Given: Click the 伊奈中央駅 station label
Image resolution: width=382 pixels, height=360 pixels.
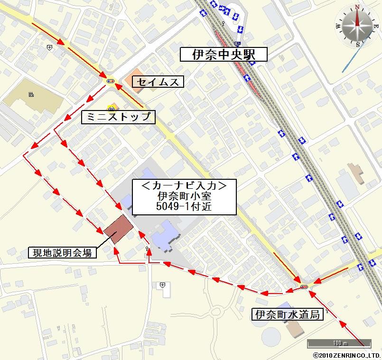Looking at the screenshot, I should tap(224, 55).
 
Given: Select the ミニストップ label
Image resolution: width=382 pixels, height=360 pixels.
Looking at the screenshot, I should tap(118, 117).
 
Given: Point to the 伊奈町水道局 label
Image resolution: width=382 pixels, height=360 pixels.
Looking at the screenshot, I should tap(289, 314).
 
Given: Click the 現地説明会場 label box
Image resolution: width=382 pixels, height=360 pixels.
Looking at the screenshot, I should tap(63, 252).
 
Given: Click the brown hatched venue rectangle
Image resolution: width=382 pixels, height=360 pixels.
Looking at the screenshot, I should tap(118, 229).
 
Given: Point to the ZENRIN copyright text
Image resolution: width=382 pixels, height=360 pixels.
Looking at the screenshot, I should tap(346, 355).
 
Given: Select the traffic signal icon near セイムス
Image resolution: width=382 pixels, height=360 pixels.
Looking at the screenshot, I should tap(111, 81).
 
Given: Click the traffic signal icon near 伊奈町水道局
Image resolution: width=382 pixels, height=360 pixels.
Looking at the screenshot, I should tap(304, 286).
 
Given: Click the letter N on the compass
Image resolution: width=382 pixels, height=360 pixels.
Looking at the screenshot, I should tap(356, 7).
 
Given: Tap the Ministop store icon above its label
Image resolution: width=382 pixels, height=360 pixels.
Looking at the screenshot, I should tap(112, 107).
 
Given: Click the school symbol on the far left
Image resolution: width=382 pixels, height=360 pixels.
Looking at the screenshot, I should tap(31, 95).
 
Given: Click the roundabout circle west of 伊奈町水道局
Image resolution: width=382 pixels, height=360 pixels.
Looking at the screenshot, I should tap(217, 312).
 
